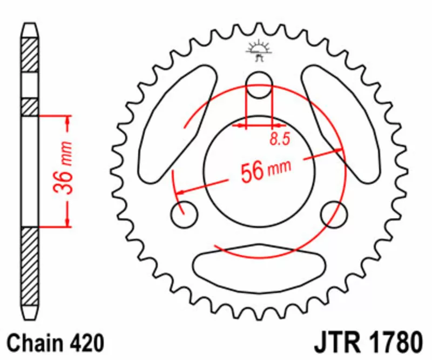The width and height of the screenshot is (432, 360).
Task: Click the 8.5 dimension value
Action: (x=280, y=139)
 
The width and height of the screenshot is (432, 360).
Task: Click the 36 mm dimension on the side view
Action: (x=63, y=167)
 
